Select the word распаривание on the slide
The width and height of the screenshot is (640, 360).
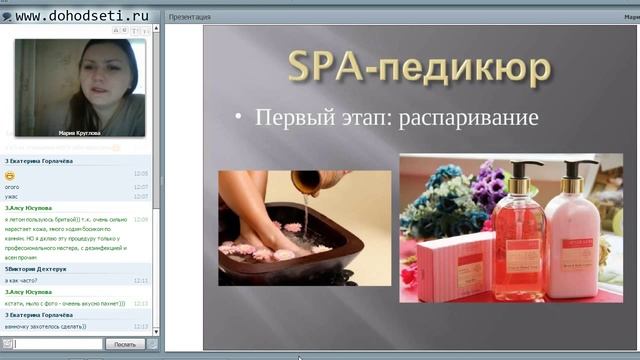pos(468,117)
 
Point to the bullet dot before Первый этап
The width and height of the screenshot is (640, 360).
pos(238,118)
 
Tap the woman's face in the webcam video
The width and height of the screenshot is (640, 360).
pos(107,81)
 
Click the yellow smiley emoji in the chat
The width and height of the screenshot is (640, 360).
pos(9,174)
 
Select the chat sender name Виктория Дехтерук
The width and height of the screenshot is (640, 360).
pos(38,268)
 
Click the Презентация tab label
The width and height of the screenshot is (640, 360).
pos(190,17)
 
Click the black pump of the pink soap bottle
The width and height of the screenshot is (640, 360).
pos(523,169)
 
